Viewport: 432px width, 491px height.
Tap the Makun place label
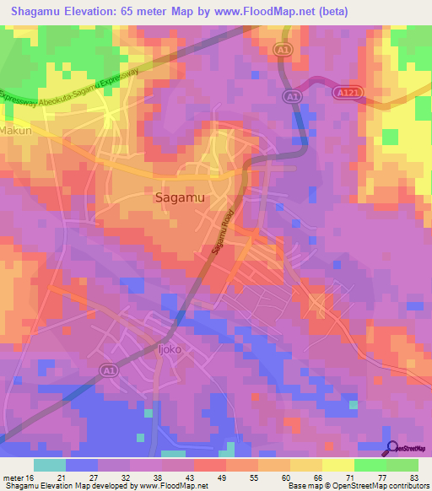tap(15, 132)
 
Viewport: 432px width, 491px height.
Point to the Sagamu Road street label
tap(221, 239)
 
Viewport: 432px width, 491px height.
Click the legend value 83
tap(412, 478)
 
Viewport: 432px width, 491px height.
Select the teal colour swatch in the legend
tap(50, 465)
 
